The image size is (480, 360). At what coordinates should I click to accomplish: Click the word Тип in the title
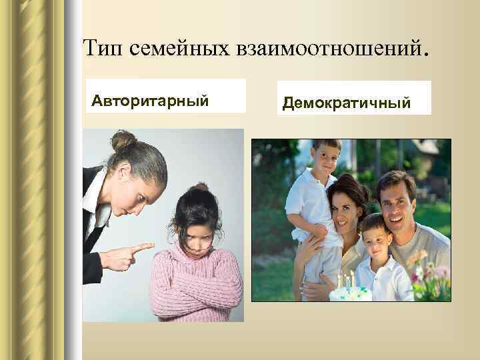tap(103, 47)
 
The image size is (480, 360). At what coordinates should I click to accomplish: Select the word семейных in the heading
tap(174, 49)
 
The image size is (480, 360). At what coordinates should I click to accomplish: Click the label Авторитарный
tap(151, 101)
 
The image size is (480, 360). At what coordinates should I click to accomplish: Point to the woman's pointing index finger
tap(143, 248)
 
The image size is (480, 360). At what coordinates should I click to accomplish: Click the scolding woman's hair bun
tap(124, 141)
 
